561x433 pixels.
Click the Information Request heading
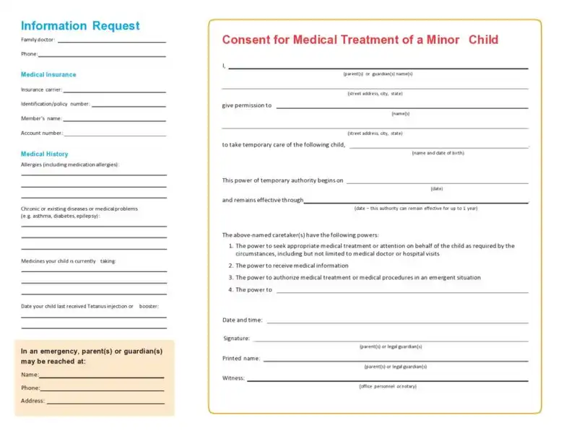click(x=80, y=26)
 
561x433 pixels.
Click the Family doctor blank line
click(x=111, y=41)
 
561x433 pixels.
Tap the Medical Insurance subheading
click(x=48, y=74)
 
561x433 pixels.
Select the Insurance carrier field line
click(x=114, y=92)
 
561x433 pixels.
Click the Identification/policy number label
click(x=55, y=104)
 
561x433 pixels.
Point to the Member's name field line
click(x=115, y=121)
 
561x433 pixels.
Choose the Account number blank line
click(x=115, y=135)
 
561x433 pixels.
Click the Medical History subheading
click(x=45, y=154)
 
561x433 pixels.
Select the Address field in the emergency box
click(x=105, y=403)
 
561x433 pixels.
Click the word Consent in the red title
click(x=245, y=40)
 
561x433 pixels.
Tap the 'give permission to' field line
click(x=401, y=108)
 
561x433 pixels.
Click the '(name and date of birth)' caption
click(x=438, y=153)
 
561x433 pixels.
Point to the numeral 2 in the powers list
click(x=230, y=266)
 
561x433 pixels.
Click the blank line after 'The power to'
click(x=401, y=292)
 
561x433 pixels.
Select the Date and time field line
click(x=397, y=322)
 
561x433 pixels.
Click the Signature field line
click(x=390, y=341)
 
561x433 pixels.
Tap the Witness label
click(x=233, y=377)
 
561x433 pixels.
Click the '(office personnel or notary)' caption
click(x=388, y=386)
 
